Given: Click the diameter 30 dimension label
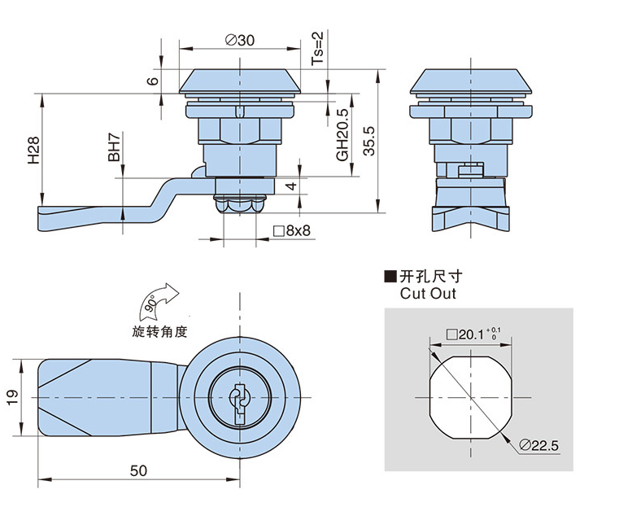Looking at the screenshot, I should click(238, 40).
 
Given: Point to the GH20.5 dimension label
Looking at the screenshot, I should click(342, 134).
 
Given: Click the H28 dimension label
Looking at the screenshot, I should click(33, 151).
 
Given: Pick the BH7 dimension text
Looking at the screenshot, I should click(115, 146).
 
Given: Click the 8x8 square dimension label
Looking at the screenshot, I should click(292, 231).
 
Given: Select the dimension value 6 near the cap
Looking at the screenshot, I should click(151, 81).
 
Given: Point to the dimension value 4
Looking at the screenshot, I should click(291, 187).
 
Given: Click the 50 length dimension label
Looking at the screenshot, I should click(138, 470).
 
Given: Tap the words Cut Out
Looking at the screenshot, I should click(428, 294).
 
